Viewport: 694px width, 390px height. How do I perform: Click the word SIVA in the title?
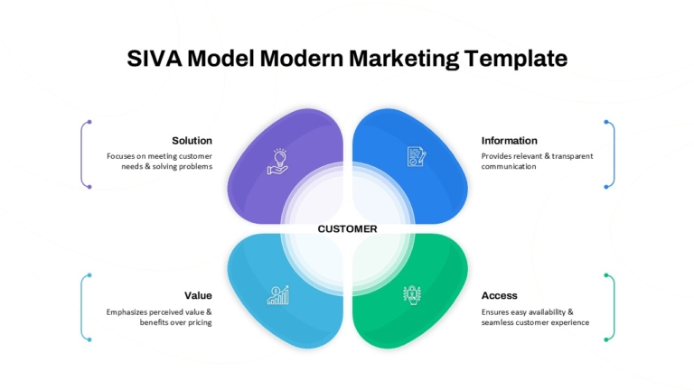point(155,59)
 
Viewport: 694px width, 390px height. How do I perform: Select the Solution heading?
point(192,141)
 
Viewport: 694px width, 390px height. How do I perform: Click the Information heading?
point(510,141)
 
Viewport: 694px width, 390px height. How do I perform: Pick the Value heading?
point(198,295)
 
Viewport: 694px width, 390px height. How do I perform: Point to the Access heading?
point(499,295)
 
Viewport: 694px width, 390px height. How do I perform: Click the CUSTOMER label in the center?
point(347,229)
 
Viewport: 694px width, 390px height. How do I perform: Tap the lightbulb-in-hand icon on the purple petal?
point(278,162)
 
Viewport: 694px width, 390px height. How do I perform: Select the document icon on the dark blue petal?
point(417,156)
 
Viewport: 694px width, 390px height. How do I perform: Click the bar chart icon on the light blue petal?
point(278,295)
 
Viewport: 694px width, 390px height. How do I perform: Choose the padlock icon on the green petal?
point(412,295)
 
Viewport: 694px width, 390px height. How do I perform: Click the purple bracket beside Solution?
point(81,154)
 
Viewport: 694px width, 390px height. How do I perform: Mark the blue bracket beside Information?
point(614,154)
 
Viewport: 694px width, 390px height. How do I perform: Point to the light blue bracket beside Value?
point(81,307)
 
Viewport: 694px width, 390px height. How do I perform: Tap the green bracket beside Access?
point(614,307)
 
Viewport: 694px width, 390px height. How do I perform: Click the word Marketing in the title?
point(404,60)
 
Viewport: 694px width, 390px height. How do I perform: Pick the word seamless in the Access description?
point(498,322)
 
